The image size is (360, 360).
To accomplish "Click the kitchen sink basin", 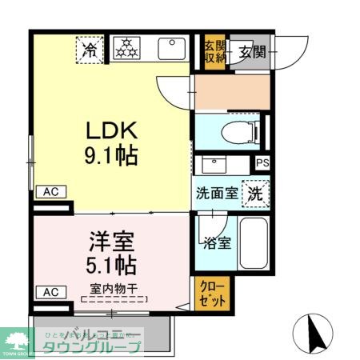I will pos(171,49).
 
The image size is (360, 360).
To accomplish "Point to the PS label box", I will pos(262,163).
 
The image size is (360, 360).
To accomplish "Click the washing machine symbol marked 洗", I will pos(254,193).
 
